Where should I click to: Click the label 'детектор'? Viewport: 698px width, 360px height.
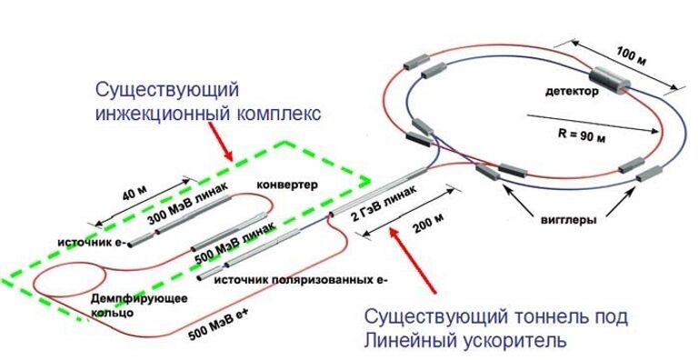pyautogui.click(x=572, y=93)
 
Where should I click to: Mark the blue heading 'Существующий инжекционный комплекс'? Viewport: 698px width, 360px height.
pyautogui.click(x=212, y=103)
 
